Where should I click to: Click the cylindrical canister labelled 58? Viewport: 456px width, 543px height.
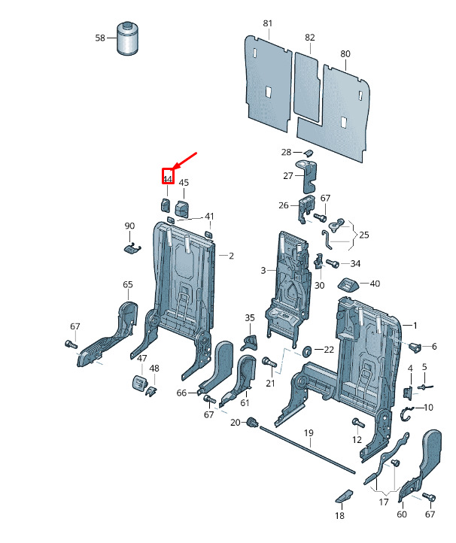coord(127,38)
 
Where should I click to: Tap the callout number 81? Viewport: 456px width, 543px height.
coord(267,23)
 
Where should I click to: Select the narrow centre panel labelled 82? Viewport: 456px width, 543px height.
coord(306,87)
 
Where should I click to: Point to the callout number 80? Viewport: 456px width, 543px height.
coord(345,53)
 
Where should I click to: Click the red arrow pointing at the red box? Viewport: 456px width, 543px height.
coord(185,161)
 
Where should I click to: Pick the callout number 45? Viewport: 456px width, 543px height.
coord(184,183)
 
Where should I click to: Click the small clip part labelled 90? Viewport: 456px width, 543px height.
coord(132,248)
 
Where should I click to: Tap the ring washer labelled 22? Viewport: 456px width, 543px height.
coord(306,351)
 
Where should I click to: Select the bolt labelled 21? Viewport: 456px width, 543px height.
coord(269,363)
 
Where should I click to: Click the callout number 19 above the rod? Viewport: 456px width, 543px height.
coord(309,433)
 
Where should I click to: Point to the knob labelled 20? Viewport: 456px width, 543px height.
coord(252,423)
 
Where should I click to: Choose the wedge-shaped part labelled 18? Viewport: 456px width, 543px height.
coord(344,496)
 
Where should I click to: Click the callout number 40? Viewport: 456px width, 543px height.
coord(375,284)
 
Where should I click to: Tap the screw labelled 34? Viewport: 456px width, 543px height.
coord(332,264)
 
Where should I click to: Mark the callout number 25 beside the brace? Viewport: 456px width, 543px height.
coord(364,235)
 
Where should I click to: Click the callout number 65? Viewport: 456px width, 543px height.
coord(128,284)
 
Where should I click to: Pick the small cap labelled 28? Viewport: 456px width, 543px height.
coord(309,153)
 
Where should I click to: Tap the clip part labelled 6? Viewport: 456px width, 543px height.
coord(415,347)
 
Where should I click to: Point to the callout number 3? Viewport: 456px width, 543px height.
coord(263,271)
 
